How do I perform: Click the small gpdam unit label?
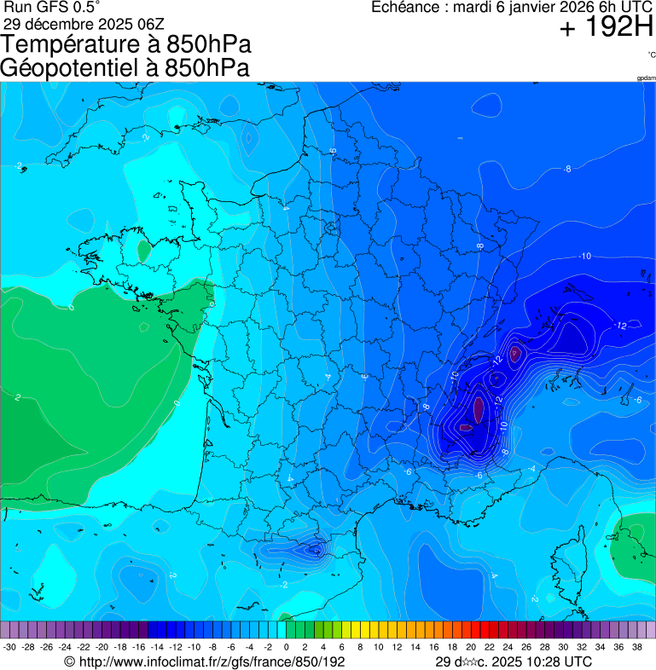pyautogui.click(x=646, y=78)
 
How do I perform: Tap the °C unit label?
pyautogui.click(x=651, y=55)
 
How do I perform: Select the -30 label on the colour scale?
pyautogui.click(x=9, y=647)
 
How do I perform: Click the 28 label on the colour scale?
pyautogui.click(x=544, y=647)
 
